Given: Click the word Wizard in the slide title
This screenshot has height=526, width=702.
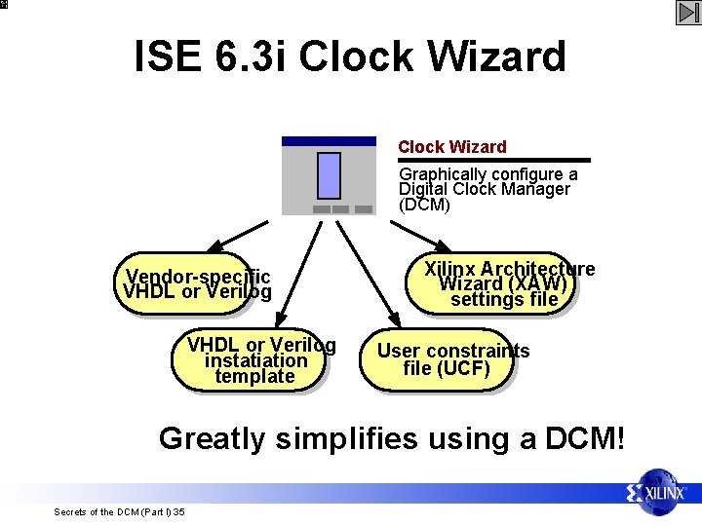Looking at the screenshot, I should pyautogui.click(x=491, y=56).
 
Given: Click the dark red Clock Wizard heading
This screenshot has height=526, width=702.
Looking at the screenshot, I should pyautogui.click(x=452, y=147).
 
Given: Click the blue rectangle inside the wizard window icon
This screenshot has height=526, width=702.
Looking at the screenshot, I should pyautogui.click(x=330, y=175).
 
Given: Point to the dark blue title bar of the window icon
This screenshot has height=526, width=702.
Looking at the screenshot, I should pyautogui.click(x=329, y=141).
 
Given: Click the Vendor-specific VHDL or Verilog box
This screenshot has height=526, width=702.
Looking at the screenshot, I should pyautogui.click(x=192, y=283).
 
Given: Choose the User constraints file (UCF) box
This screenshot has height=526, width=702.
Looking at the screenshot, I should pyautogui.click(x=440, y=359).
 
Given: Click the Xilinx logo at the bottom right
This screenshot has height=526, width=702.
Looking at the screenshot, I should pyautogui.click(x=661, y=494).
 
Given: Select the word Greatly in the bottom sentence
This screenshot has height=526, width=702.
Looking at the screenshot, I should pyautogui.click(x=212, y=438).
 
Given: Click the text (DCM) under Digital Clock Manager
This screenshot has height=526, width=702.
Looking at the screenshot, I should pyautogui.click(x=424, y=206).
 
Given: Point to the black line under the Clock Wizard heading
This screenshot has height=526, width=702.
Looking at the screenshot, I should pyautogui.click(x=493, y=160).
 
